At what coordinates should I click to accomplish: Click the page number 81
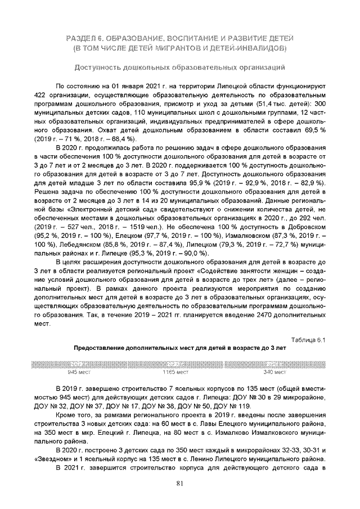pyautogui.click(x=179, y=483)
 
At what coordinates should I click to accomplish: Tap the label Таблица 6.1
pyautogui.click(x=308, y=339)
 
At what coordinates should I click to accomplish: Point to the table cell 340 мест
pyautogui.click(x=276, y=372)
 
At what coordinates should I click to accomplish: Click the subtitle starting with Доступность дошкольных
pyautogui.click(x=179, y=68)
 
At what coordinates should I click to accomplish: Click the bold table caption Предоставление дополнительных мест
pyautogui.click(x=179, y=348)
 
